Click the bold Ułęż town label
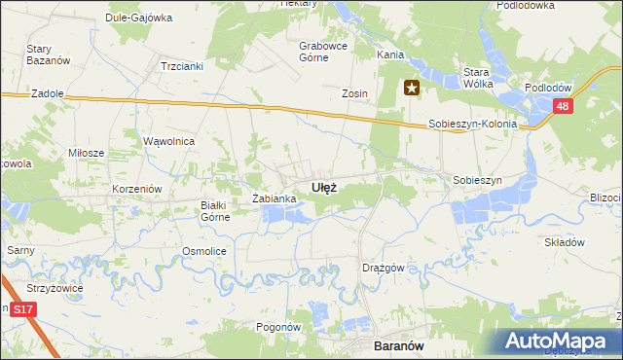coord(324,187)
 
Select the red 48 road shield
coord(562,107)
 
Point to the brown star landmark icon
coord(411,90)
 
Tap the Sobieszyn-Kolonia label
coord(472,126)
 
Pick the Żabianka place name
coord(274,198)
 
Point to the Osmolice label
coord(204,251)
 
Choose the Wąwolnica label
coord(169,141)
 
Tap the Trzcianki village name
coord(180,66)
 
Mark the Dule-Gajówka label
coord(139,18)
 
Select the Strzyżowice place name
coord(55,289)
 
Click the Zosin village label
coord(353,93)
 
